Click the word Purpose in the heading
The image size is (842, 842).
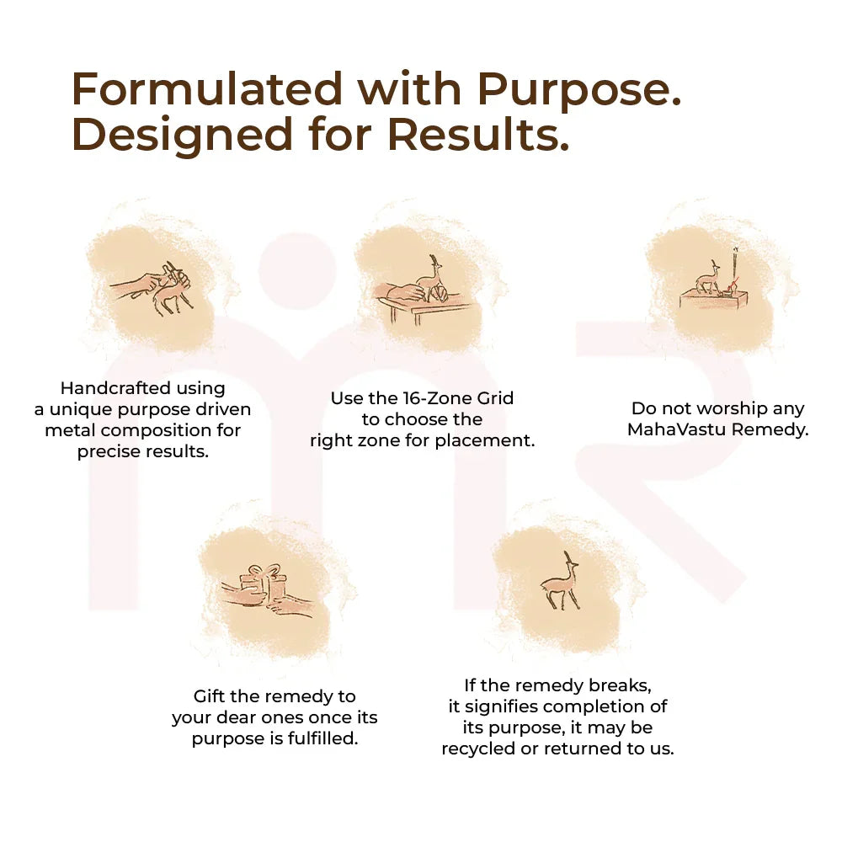(579, 90)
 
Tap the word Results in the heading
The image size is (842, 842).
(478, 134)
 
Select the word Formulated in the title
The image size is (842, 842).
(207, 88)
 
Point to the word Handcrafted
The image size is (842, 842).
(115, 387)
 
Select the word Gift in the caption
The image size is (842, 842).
(208, 696)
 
